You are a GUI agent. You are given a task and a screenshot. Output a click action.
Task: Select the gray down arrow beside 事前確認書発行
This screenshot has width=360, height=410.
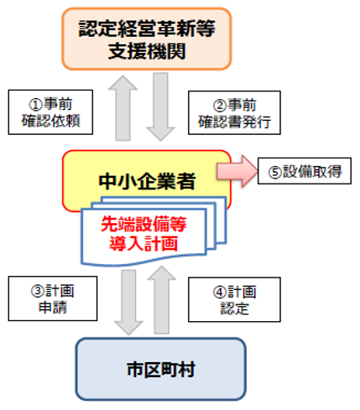coord(159,108)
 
